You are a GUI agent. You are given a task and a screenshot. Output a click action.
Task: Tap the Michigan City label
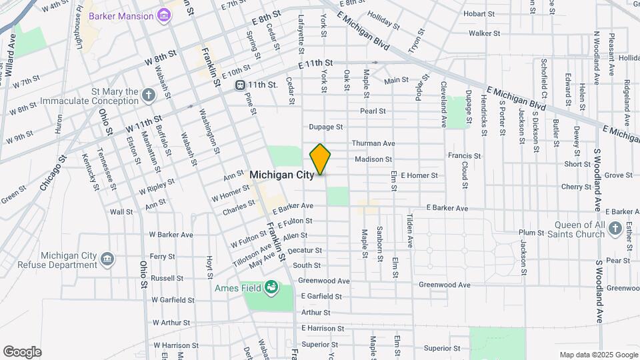point(281,175)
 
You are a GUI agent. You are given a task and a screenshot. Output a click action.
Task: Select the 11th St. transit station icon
point(239,85)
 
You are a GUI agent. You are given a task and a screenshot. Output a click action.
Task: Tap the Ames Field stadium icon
point(271,287)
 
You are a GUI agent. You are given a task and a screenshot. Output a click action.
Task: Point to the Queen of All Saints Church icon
point(615,230)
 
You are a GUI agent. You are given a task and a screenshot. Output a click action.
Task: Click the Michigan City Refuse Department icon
point(107,259)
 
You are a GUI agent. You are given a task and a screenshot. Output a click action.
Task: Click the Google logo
point(21,351)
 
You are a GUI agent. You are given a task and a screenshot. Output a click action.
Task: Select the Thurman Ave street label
point(373,143)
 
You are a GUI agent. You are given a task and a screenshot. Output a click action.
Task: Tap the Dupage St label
point(326,127)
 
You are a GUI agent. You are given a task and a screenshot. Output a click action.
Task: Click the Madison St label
point(373,159)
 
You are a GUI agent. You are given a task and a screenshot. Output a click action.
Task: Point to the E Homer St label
point(419,175)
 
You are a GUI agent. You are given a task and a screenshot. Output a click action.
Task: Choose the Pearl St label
point(373,111)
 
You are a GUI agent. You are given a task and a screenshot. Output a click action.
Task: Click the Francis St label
point(465,156)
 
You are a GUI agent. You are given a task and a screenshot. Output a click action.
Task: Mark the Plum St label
point(531,233)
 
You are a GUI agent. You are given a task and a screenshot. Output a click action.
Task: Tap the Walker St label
point(484,33)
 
